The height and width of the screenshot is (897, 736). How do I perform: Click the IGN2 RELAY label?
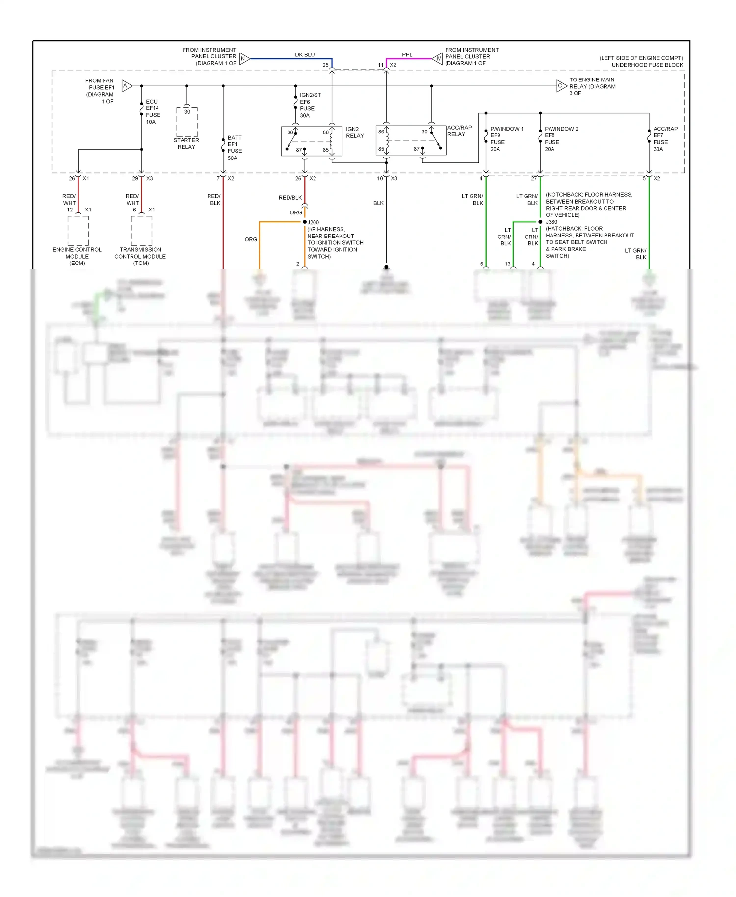(354, 132)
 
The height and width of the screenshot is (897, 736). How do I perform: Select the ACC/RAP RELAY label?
(459, 131)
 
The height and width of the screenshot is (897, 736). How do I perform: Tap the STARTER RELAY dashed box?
(187, 122)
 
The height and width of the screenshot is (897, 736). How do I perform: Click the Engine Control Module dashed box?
(78, 231)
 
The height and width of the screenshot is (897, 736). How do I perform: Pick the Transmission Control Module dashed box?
(141, 231)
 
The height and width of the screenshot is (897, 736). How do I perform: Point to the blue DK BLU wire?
(289, 59)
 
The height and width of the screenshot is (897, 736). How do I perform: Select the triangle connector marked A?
(126, 86)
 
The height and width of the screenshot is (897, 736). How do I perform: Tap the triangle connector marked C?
(561, 86)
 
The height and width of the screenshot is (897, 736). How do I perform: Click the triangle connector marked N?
(244, 59)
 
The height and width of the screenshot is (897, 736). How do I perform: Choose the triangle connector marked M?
(438, 59)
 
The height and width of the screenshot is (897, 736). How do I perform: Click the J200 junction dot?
(305, 222)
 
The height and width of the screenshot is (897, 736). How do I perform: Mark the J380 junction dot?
(540, 222)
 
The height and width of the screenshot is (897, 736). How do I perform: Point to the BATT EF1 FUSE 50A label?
(235, 148)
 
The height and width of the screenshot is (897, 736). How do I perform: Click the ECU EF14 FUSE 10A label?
(153, 112)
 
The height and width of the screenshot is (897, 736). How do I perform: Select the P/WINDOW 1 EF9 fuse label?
(506, 139)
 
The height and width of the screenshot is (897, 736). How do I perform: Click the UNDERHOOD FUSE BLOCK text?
(647, 65)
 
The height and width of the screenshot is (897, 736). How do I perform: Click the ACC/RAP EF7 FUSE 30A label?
(664, 139)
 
